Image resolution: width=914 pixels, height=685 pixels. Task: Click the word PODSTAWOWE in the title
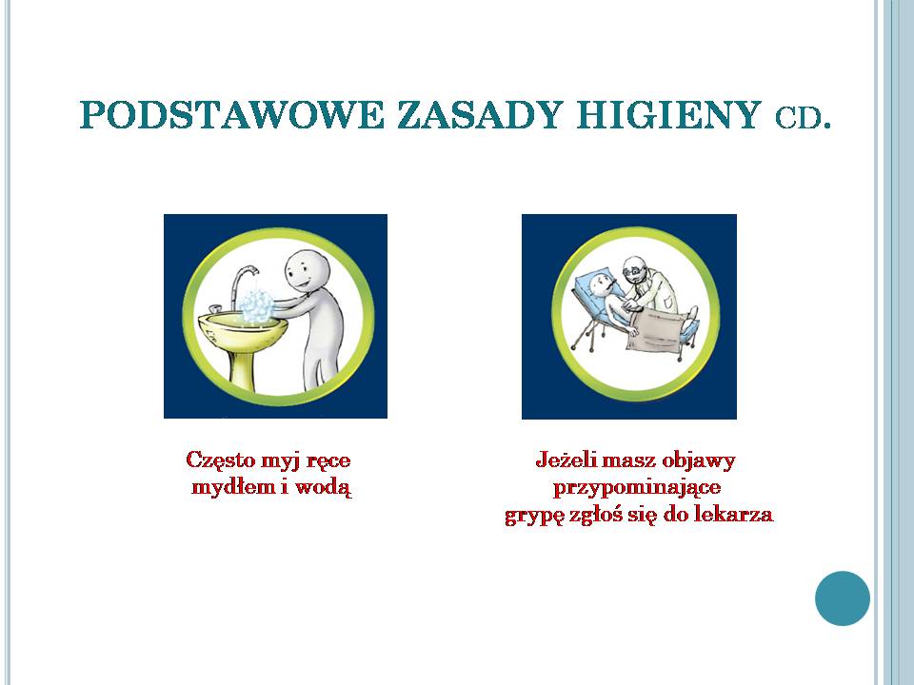232,115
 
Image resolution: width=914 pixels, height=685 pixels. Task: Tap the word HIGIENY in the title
669,115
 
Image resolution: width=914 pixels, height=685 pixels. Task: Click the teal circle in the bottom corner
843,598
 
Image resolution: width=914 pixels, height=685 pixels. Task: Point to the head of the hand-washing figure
308,271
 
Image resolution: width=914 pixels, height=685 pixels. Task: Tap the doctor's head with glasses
634,269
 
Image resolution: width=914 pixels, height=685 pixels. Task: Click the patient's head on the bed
601,285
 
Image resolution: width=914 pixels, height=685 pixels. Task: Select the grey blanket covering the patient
655,331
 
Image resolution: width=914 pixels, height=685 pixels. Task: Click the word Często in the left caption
220,460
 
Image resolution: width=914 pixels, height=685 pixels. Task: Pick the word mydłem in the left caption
233,487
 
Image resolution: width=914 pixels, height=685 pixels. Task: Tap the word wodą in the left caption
324,487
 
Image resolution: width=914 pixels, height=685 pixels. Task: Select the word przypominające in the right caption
637,487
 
